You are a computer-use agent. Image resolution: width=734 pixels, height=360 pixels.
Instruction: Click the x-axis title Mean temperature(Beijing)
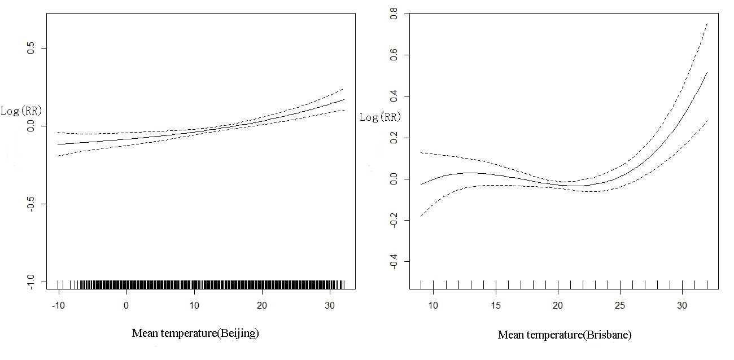[195, 333]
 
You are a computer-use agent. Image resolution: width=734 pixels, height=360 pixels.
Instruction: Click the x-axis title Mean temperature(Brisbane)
[565, 335]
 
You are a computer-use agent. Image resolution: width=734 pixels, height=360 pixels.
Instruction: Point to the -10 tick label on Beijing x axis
[58, 305]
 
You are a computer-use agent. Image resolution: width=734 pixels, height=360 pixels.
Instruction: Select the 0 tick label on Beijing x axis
[126, 305]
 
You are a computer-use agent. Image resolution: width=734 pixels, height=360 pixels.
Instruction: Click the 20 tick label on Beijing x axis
[263, 305]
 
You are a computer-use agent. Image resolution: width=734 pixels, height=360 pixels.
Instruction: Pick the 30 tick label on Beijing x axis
[330, 305]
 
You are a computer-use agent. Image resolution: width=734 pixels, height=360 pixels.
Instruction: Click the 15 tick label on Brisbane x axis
[496, 305]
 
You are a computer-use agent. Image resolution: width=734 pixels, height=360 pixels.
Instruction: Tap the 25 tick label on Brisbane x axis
[620, 305]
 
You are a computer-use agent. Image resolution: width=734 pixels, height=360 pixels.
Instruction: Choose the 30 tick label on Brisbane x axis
[682, 305]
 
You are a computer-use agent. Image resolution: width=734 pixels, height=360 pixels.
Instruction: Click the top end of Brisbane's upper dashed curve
[707, 24]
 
